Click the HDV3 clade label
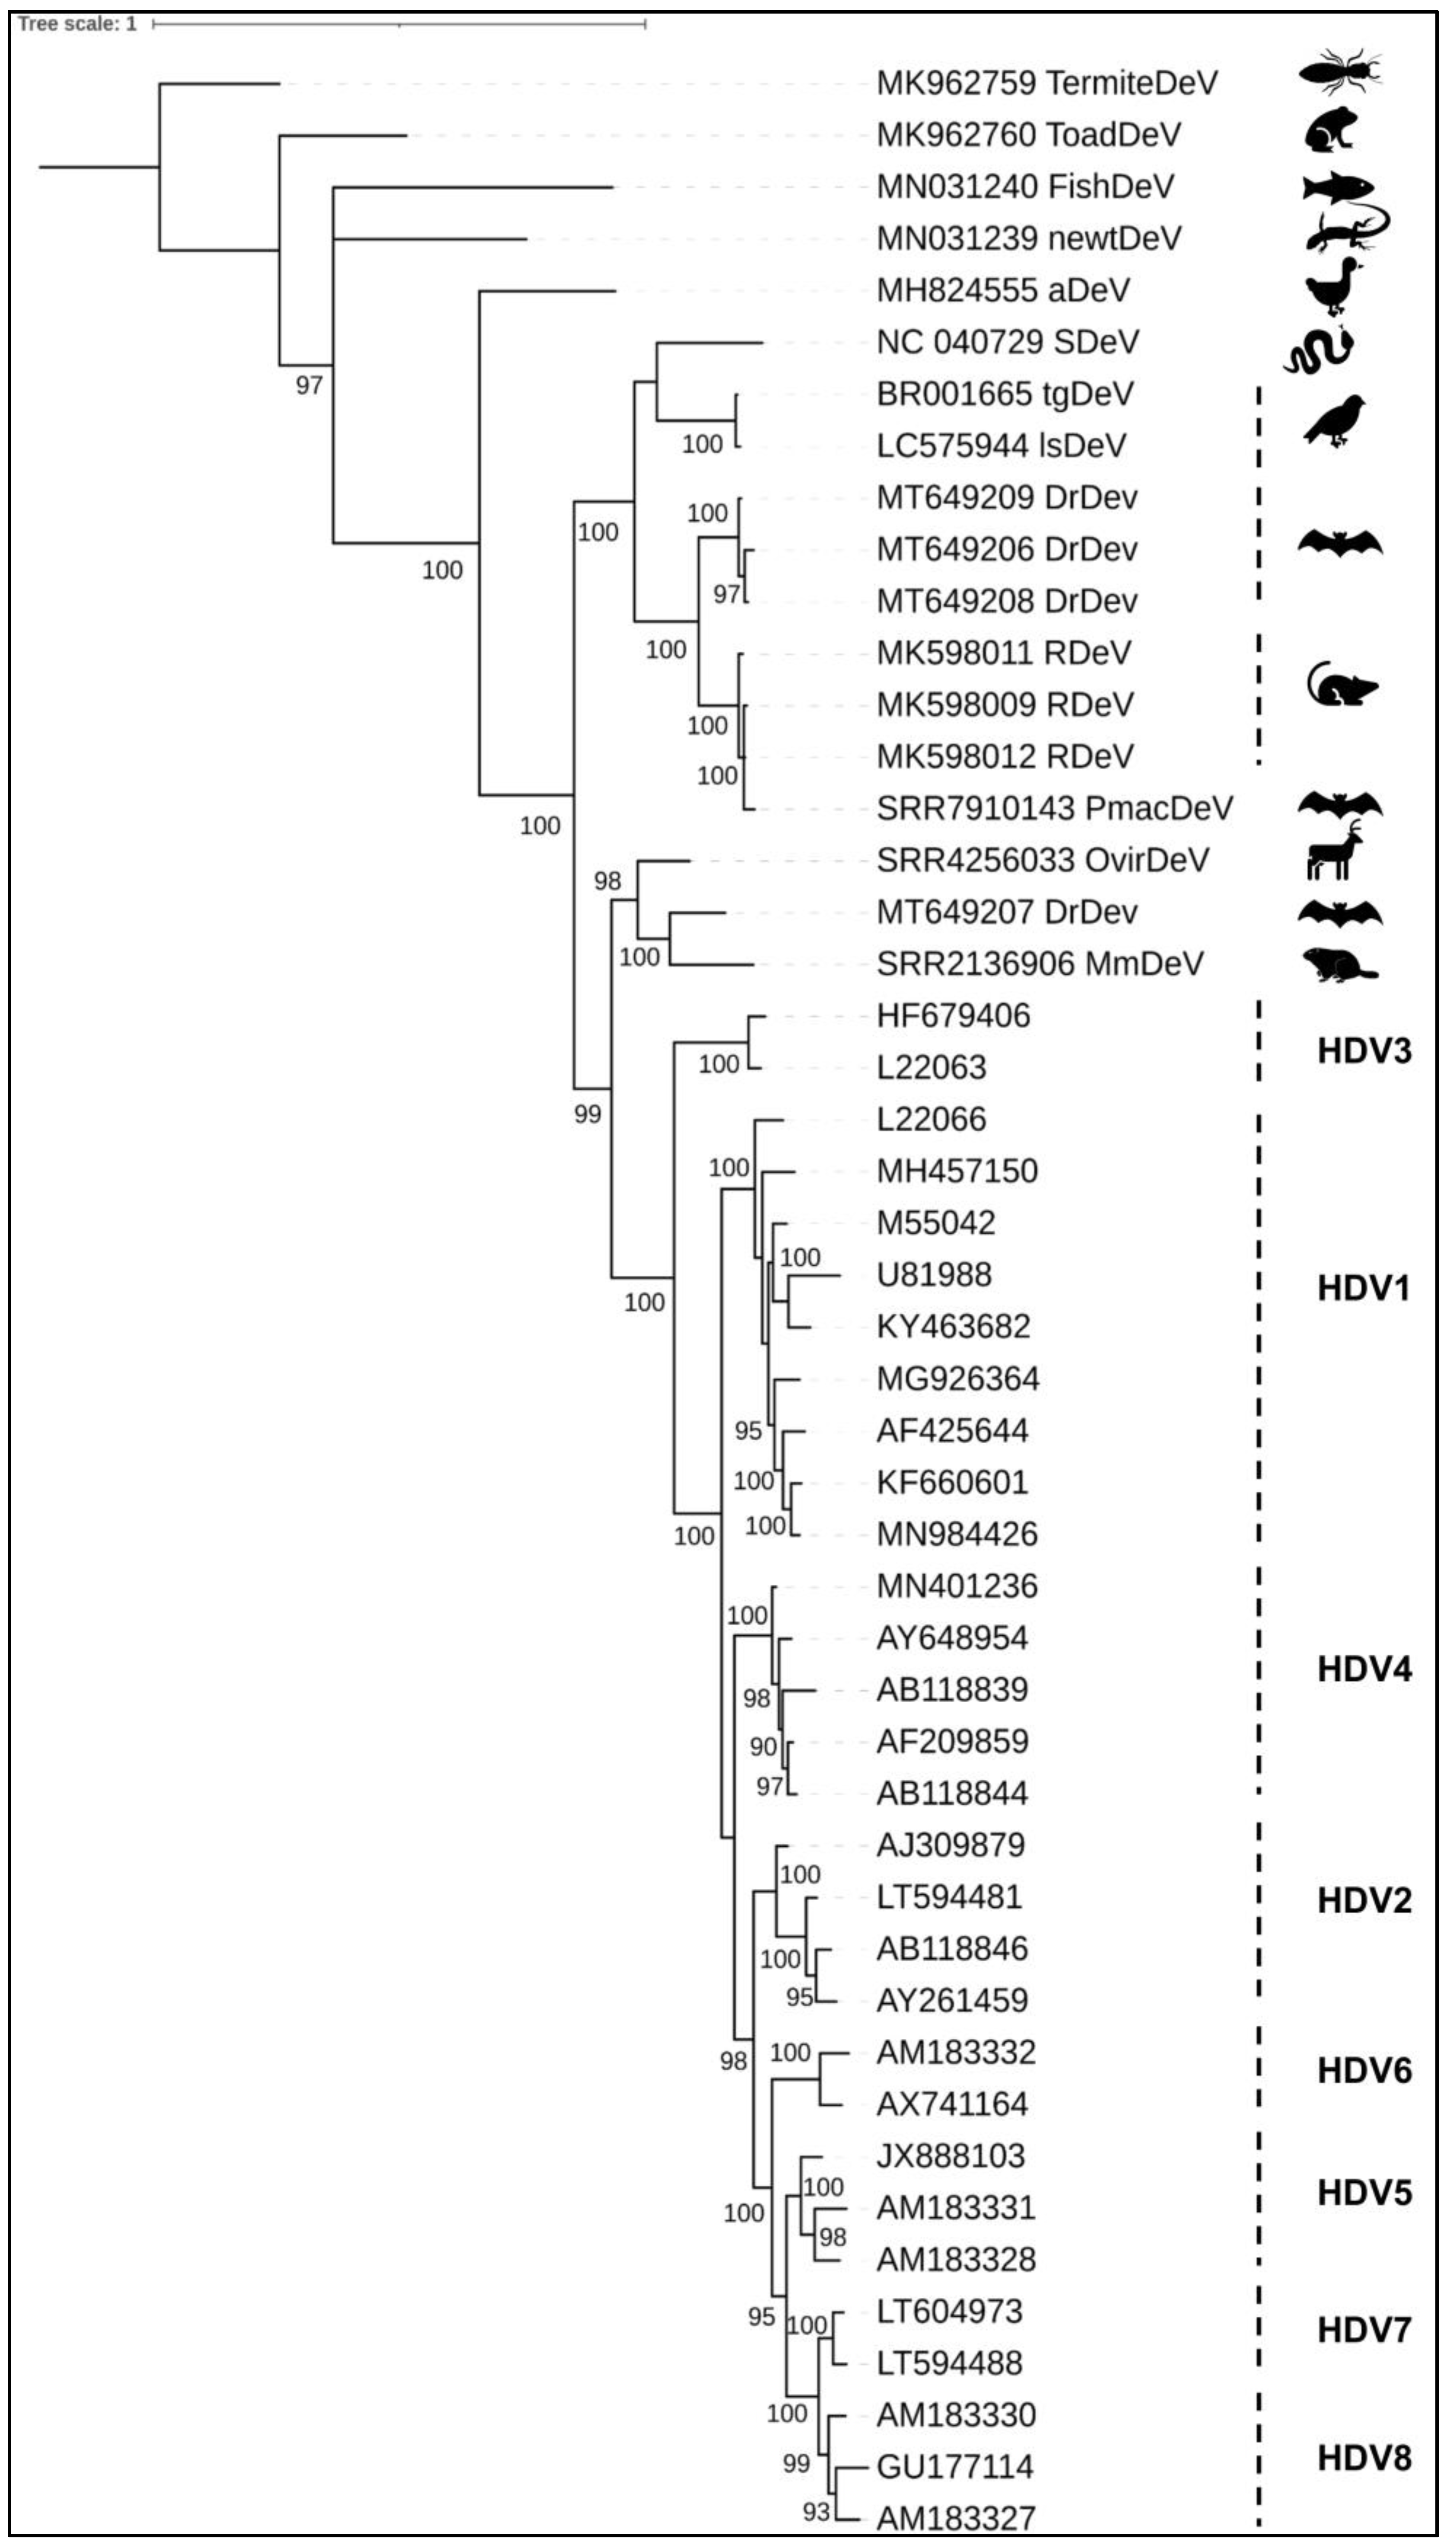tap(1364, 1050)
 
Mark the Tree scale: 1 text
tap(77, 24)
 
